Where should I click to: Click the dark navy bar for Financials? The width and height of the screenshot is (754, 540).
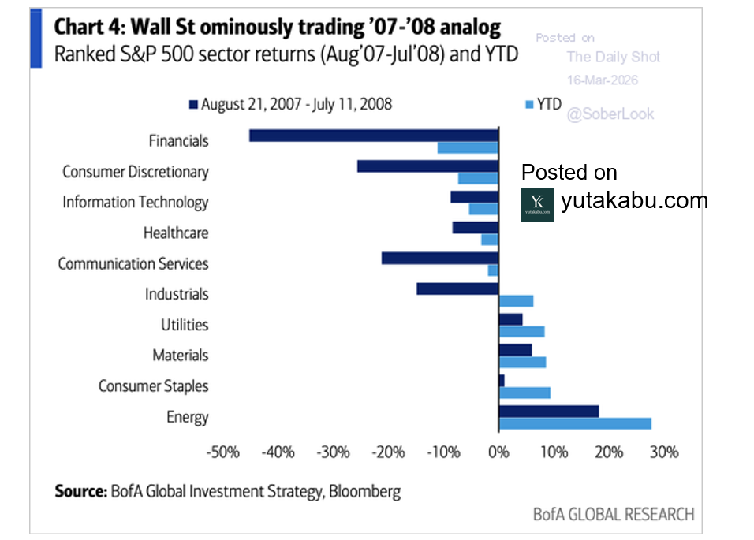(374, 135)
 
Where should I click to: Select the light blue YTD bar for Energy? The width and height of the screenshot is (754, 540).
(575, 423)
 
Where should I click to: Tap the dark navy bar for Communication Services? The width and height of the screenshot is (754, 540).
(439, 258)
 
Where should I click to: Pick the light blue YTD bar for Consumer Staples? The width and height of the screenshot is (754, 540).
(524, 393)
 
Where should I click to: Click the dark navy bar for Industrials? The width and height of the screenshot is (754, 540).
(457, 289)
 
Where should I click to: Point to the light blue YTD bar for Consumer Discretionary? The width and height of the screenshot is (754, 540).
(478, 178)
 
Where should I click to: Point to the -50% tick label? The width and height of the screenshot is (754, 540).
(222, 452)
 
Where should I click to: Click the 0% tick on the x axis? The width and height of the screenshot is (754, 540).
(498, 452)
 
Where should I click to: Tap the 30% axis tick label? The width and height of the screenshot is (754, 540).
(663, 452)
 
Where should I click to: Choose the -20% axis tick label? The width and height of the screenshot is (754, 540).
(387, 452)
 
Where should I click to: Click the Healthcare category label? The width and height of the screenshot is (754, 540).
(175, 233)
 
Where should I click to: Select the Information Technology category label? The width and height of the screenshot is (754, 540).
(135, 202)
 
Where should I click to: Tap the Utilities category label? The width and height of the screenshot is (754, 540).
(185, 325)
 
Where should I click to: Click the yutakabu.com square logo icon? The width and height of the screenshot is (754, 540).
(537, 204)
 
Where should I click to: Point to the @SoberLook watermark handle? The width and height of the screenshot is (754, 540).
(610, 114)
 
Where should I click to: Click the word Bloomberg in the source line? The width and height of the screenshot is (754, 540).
(365, 492)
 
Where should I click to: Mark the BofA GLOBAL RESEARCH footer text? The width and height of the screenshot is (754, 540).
(614, 515)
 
